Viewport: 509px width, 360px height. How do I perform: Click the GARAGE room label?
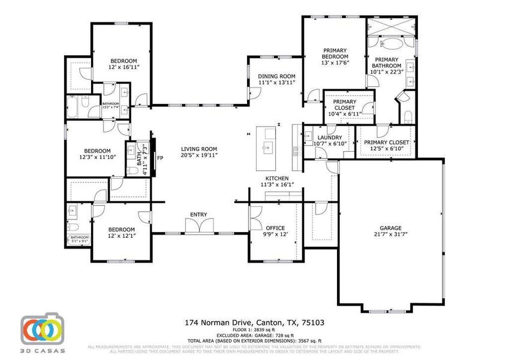(390, 228)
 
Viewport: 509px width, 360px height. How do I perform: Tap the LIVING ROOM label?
(200, 149)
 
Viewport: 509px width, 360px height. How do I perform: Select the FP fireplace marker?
(160, 158)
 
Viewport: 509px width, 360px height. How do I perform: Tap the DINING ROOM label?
(277, 76)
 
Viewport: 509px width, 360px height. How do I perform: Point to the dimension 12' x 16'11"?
(124, 68)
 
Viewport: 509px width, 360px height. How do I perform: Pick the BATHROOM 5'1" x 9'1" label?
(79, 238)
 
